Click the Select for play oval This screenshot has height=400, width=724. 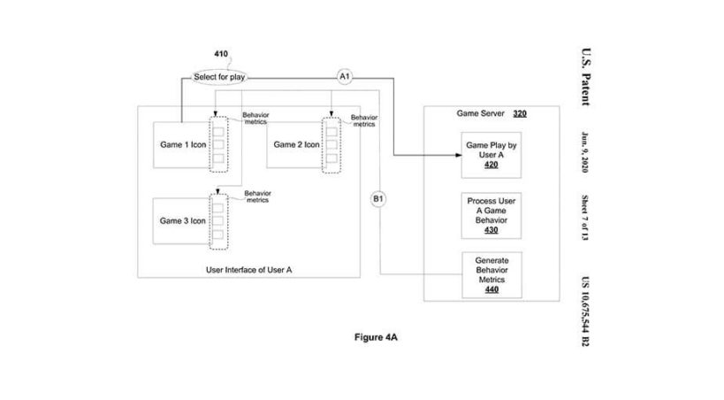coord(219,78)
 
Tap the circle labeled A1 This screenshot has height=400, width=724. coord(346,78)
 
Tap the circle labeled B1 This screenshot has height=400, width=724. coord(377,200)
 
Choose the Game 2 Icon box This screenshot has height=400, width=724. coord(296,144)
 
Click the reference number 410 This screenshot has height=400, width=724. coord(220,54)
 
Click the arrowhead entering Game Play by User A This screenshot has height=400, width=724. coord(458,155)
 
